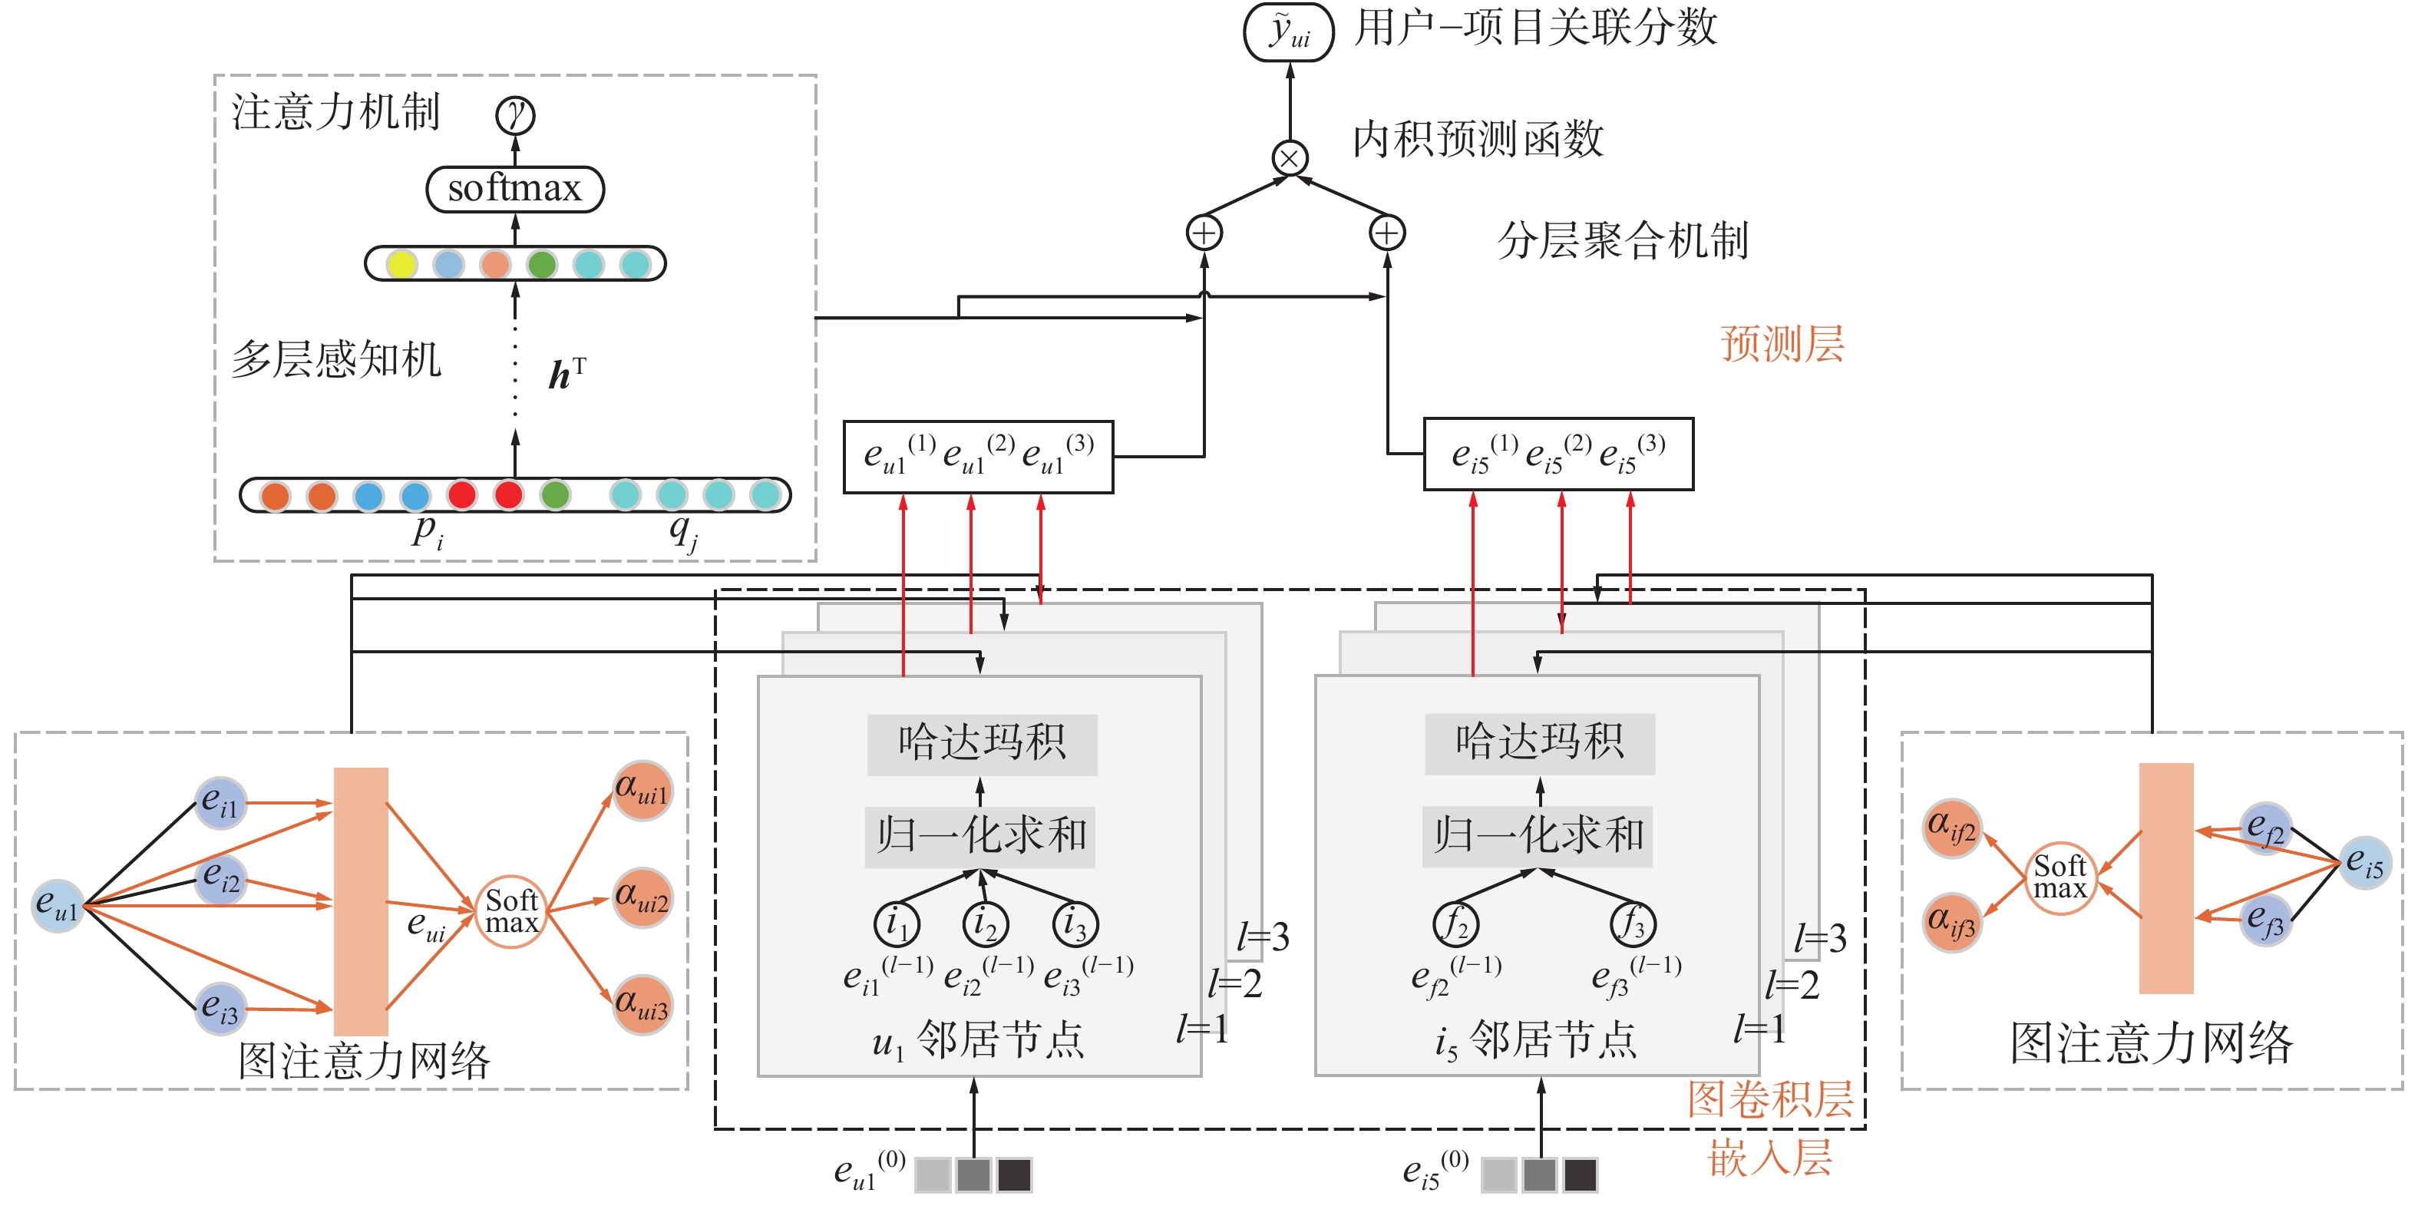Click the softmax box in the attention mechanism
(x=514, y=189)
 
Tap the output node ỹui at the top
(x=1288, y=32)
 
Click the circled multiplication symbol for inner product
(x=1289, y=157)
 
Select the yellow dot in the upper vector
(x=401, y=264)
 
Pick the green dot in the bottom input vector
(x=555, y=494)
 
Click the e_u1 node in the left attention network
(x=58, y=906)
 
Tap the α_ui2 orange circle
(x=642, y=897)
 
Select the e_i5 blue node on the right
(x=2363, y=861)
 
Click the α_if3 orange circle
(x=1951, y=922)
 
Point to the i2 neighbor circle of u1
(x=985, y=923)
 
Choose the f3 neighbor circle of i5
(x=1632, y=923)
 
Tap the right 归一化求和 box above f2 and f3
(x=1538, y=835)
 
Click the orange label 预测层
(x=1782, y=343)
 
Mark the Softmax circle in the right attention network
(x=2060, y=877)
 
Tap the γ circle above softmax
(x=514, y=115)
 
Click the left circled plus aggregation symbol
(x=1204, y=233)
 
